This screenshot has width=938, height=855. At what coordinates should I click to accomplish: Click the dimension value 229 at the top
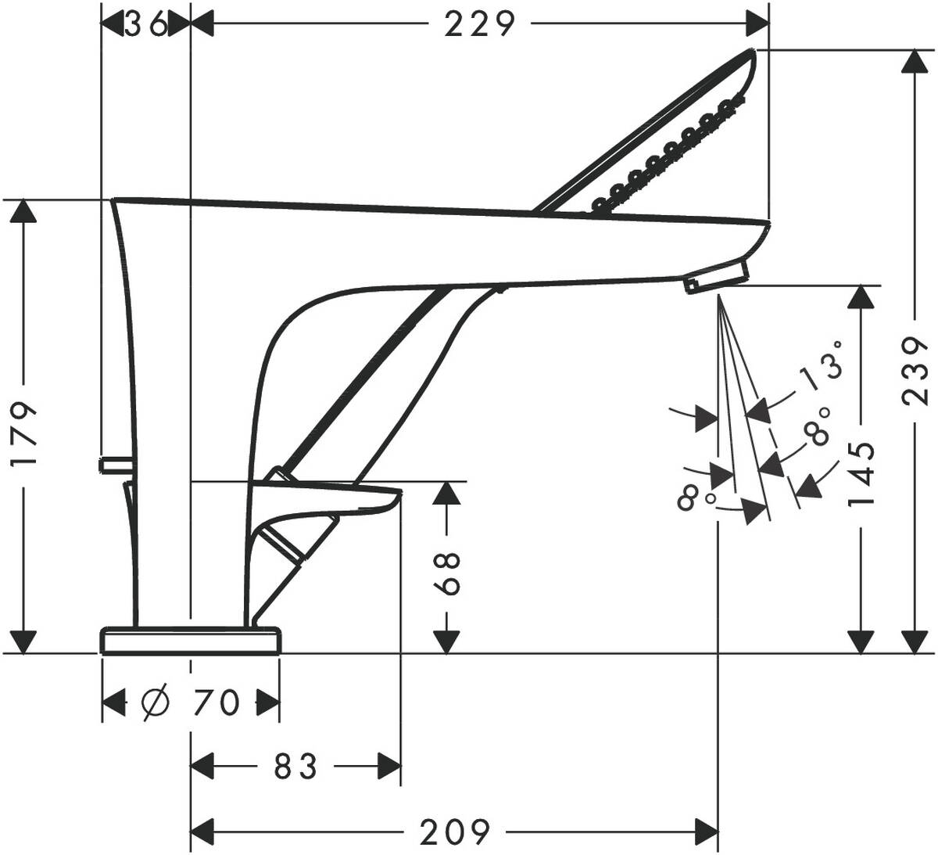[x=480, y=25]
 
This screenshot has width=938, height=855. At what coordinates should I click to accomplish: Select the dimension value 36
[x=146, y=25]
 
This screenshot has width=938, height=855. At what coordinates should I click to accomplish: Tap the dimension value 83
[x=296, y=767]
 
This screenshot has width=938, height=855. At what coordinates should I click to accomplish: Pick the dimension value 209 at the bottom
[x=455, y=831]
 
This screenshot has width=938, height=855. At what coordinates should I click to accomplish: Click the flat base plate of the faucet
[x=190, y=640]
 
